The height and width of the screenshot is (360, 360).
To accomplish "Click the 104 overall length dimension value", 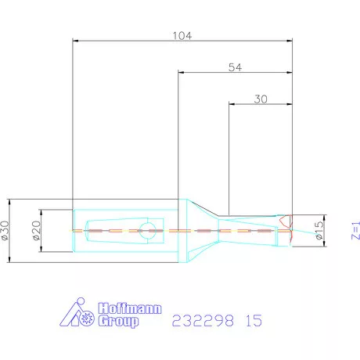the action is (182, 35).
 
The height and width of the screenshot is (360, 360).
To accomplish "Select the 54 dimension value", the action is (235, 67).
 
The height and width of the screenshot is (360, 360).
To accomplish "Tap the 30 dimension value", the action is (261, 99).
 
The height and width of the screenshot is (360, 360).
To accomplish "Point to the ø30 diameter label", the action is (5, 230).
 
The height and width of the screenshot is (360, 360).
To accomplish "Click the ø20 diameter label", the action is (37, 230).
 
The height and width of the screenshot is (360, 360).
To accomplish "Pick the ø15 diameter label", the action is (319, 230).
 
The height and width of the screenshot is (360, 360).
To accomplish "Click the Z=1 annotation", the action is (356, 230).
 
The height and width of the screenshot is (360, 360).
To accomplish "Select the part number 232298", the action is (203, 320).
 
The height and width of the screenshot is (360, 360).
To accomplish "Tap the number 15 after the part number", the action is (254, 320).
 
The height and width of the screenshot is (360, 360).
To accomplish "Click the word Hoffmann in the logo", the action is (130, 308).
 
